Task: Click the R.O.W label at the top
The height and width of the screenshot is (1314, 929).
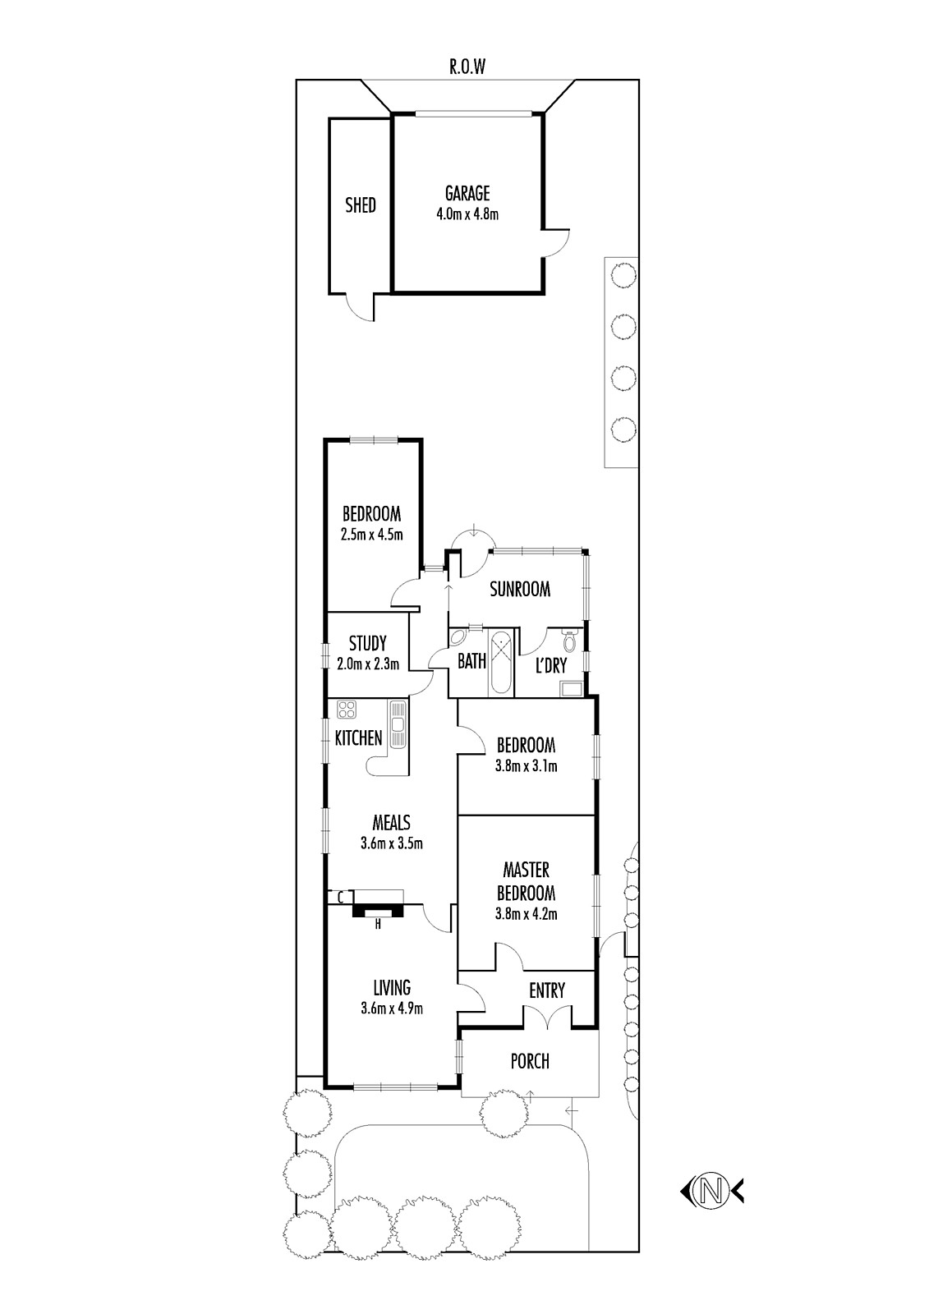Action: pyautogui.click(x=467, y=67)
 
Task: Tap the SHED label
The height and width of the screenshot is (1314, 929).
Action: pyautogui.click(x=361, y=205)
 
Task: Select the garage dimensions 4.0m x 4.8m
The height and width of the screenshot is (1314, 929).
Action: pyautogui.click(x=467, y=214)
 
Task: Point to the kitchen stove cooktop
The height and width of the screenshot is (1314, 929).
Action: pyautogui.click(x=347, y=710)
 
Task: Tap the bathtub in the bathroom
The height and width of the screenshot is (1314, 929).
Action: pyautogui.click(x=500, y=662)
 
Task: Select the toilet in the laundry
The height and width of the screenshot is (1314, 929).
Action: pyautogui.click(x=568, y=641)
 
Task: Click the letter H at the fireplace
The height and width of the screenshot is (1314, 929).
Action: pyautogui.click(x=378, y=925)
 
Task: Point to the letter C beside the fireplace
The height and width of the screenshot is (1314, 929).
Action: pyautogui.click(x=340, y=896)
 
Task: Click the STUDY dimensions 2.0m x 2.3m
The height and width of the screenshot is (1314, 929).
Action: pyautogui.click(x=368, y=664)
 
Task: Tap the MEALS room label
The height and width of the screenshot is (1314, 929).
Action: pyautogui.click(x=392, y=822)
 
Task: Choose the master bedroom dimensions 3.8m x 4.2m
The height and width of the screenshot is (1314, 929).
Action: pyautogui.click(x=526, y=914)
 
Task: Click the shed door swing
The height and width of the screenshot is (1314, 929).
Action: pyautogui.click(x=359, y=307)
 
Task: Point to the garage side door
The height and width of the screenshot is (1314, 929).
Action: pyautogui.click(x=556, y=242)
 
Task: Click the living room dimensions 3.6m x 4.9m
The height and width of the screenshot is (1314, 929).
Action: pyautogui.click(x=392, y=1008)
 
